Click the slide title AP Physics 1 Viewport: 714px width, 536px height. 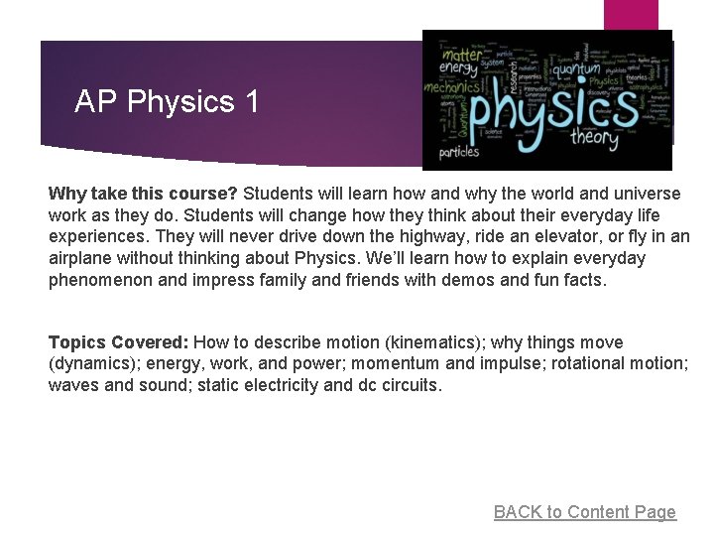pos(167,101)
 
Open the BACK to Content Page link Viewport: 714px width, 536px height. pos(584,512)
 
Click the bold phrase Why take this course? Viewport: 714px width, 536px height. pos(143,193)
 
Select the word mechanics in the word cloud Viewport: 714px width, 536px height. pos(450,87)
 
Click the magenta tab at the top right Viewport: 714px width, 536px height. pos(631,15)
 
